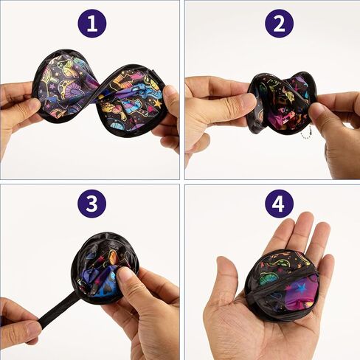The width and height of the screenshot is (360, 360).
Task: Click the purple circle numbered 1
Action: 91,24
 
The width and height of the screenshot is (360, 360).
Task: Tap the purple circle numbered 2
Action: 279,24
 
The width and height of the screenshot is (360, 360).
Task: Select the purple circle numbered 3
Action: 91,203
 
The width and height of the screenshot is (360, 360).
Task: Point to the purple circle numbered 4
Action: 279,203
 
